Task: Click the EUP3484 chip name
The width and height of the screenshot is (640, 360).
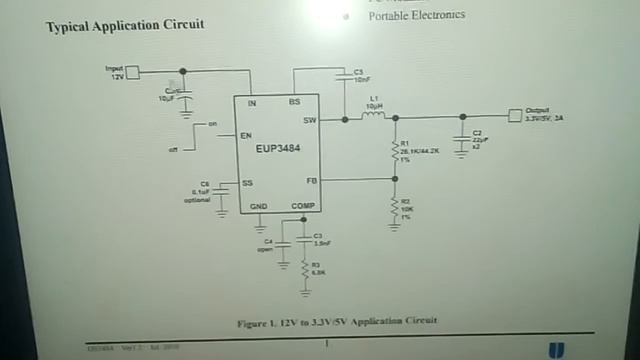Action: (x=277, y=150)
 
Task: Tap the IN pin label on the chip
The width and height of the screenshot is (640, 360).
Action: (x=251, y=102)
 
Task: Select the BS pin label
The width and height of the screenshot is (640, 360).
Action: (x=295, y=102)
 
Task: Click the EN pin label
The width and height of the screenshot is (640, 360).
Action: (x=245, y=135)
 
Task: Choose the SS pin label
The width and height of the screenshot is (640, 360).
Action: (x=246, y=182)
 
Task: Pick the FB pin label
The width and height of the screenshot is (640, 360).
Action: (x=310, y=180)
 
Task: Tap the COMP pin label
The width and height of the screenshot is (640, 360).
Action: (x=303, y=206)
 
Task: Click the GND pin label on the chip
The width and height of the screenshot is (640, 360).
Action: (x=259, y=206)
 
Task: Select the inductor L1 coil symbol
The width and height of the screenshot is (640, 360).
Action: (x=374, y=117)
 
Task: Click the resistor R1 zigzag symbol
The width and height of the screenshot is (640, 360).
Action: (x=395, y=149)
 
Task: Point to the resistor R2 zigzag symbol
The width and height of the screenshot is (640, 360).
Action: (x=395, y=207)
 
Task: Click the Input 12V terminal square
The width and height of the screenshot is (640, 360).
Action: (x=132, y=71)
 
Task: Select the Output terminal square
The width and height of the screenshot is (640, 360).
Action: (x=515, y=114)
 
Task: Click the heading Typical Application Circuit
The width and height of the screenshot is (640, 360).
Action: (x=125, y=24)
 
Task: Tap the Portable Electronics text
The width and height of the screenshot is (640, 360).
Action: (x=417, y=15)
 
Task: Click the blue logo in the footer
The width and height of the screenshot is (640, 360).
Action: (x=556, y=348)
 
